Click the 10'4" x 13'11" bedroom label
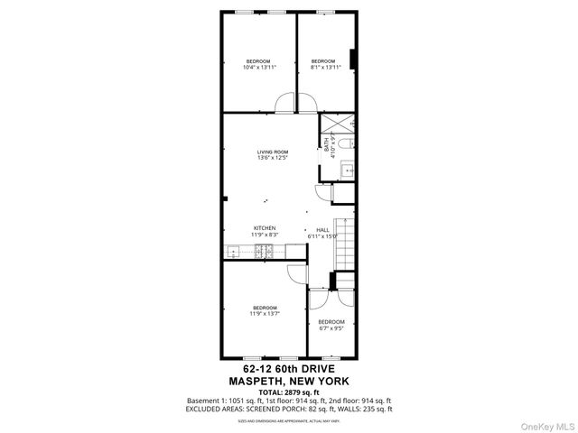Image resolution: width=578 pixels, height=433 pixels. click(x=258, y=64)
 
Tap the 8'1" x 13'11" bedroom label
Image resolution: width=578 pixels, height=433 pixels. click(x=324, y=64)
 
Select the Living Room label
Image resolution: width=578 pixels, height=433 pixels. click(x=272, y=154)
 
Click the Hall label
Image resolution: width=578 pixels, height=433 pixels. click(x=322, y=233)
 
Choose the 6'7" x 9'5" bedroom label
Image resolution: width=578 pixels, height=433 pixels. click(x=331, y=325)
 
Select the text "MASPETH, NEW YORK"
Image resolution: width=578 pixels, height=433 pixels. click(x=289, y=382)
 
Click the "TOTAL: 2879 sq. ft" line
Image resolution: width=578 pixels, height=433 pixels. click(x=289, y=392)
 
